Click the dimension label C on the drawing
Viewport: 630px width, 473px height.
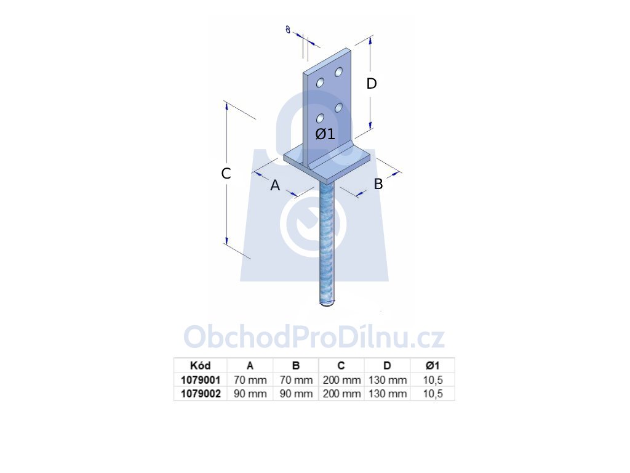coord(226,173)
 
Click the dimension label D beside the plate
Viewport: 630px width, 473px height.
coord(372,84)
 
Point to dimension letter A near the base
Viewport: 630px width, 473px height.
coord(275,185)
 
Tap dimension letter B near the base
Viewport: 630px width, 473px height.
coord(378,184)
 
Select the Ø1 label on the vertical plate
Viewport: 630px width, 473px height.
coord(325,134)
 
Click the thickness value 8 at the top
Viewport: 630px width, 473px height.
coord(288,30)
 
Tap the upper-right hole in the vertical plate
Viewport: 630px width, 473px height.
coord(339,72)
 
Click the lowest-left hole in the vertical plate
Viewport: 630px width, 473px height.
coord(320,118)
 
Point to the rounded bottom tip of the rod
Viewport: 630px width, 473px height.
coord(327,304)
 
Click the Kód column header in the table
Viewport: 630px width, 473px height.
coord(200,366)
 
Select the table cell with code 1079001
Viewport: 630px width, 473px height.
coord(201,379)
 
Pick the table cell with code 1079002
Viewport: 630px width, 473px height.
coord(201,394)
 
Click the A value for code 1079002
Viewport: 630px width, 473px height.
coord(250,394)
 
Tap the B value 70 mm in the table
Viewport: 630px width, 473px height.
coord(296,379)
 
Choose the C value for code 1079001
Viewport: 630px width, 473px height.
coord(341,379)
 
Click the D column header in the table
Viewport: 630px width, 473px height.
coord(387,366)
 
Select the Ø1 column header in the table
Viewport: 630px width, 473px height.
coord(433,366)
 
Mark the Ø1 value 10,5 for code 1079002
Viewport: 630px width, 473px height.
coord(433,394)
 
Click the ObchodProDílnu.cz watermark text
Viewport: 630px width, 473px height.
coord(314,337)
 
